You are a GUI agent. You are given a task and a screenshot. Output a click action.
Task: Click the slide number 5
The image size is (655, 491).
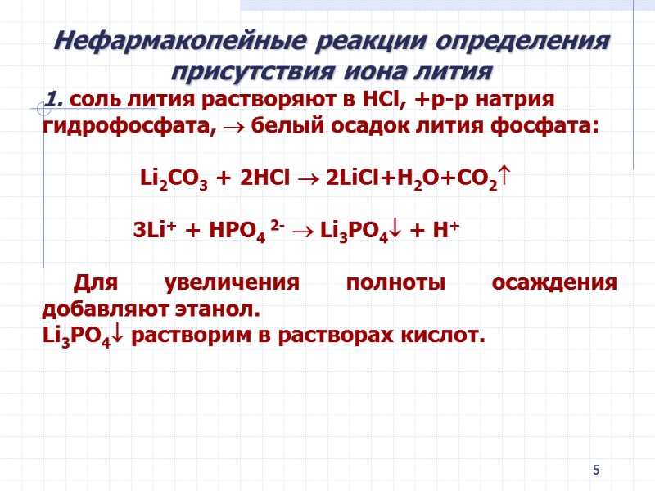(596, 470)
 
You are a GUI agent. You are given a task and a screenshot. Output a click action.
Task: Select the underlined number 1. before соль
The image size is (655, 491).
(56, 100)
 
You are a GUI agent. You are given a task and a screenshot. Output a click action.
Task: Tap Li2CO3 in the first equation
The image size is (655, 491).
(172, 179)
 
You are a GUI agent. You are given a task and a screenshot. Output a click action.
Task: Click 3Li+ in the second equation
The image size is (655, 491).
(156, 231)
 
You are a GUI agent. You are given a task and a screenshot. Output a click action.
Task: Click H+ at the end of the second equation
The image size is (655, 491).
(445, 231)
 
